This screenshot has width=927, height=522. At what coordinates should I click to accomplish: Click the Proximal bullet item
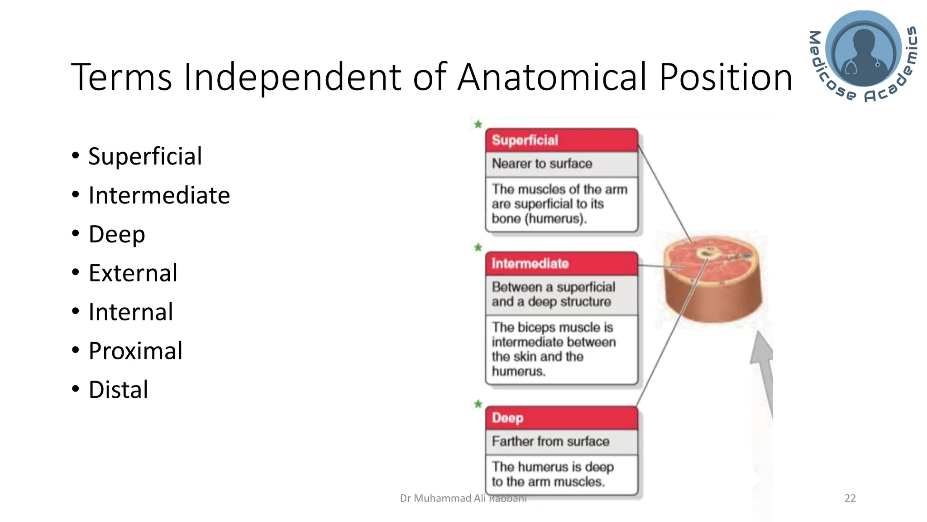(x=135, y=351)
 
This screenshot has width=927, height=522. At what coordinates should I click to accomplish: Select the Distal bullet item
(x=118, y=390)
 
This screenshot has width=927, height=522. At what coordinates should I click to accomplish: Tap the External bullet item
(x=133, y=273)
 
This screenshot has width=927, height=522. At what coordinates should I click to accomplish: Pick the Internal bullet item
(x=130, y=312)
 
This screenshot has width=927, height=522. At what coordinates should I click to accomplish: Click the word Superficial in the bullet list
(x=145, y=156)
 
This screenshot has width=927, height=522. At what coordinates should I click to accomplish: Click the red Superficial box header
(x=561, y=140)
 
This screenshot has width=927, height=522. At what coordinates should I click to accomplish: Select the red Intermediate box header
(x=561, y=263)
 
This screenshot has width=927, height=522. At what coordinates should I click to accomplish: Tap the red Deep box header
(x=561, y=418)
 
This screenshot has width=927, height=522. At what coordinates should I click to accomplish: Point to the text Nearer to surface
(x=542, y=164)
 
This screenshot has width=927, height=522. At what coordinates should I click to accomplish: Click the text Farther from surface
(x=550, y=441)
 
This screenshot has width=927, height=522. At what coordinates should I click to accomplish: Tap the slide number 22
(x=850, y=498)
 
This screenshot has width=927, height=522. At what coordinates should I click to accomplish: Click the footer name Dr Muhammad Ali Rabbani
(x=463, y=498)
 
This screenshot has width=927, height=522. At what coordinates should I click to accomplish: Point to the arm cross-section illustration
(x=713, y=279)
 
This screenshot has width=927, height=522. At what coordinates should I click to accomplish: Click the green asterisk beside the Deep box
(x=478, y=404)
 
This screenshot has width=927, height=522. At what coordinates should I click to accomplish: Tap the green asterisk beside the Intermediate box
(x=478, y=248)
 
